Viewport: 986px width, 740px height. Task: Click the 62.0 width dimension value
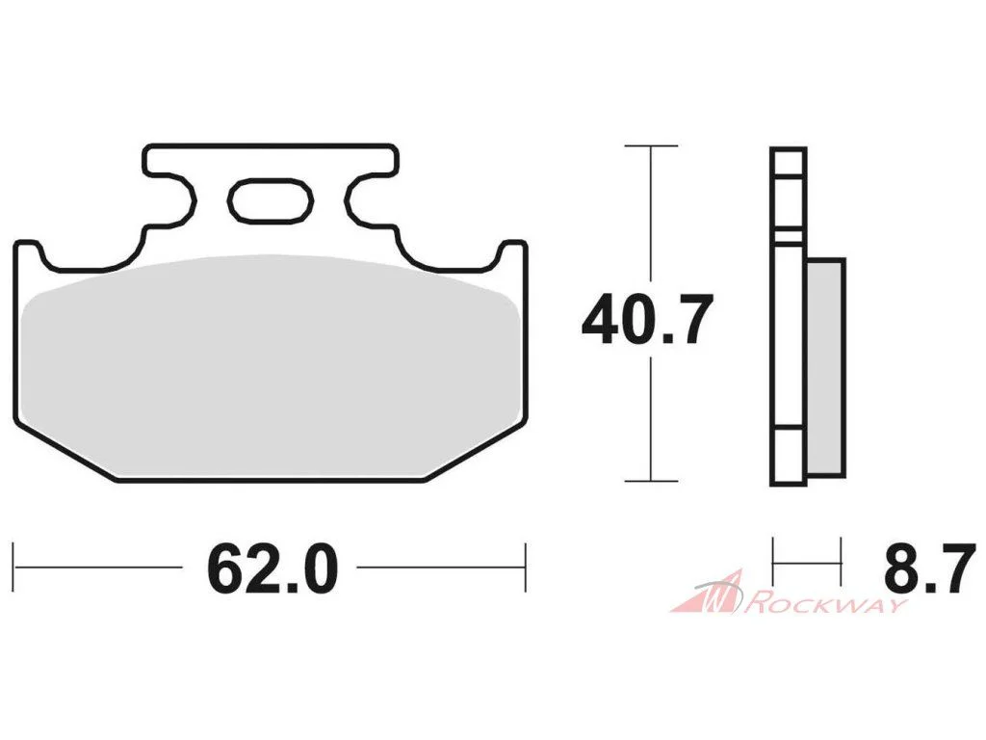[x=272, y=568]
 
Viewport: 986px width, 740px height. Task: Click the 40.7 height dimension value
[x=648, y=319]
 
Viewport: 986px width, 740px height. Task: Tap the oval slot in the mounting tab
[x=271, y=200]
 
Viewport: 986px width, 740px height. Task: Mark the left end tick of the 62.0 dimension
[x=13, y=568]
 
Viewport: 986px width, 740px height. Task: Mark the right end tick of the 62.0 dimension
[x=526, y=568]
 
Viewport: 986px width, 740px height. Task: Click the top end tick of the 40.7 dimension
[x=651, y=146]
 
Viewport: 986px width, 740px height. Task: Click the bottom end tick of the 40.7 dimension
[x=651, y=482]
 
